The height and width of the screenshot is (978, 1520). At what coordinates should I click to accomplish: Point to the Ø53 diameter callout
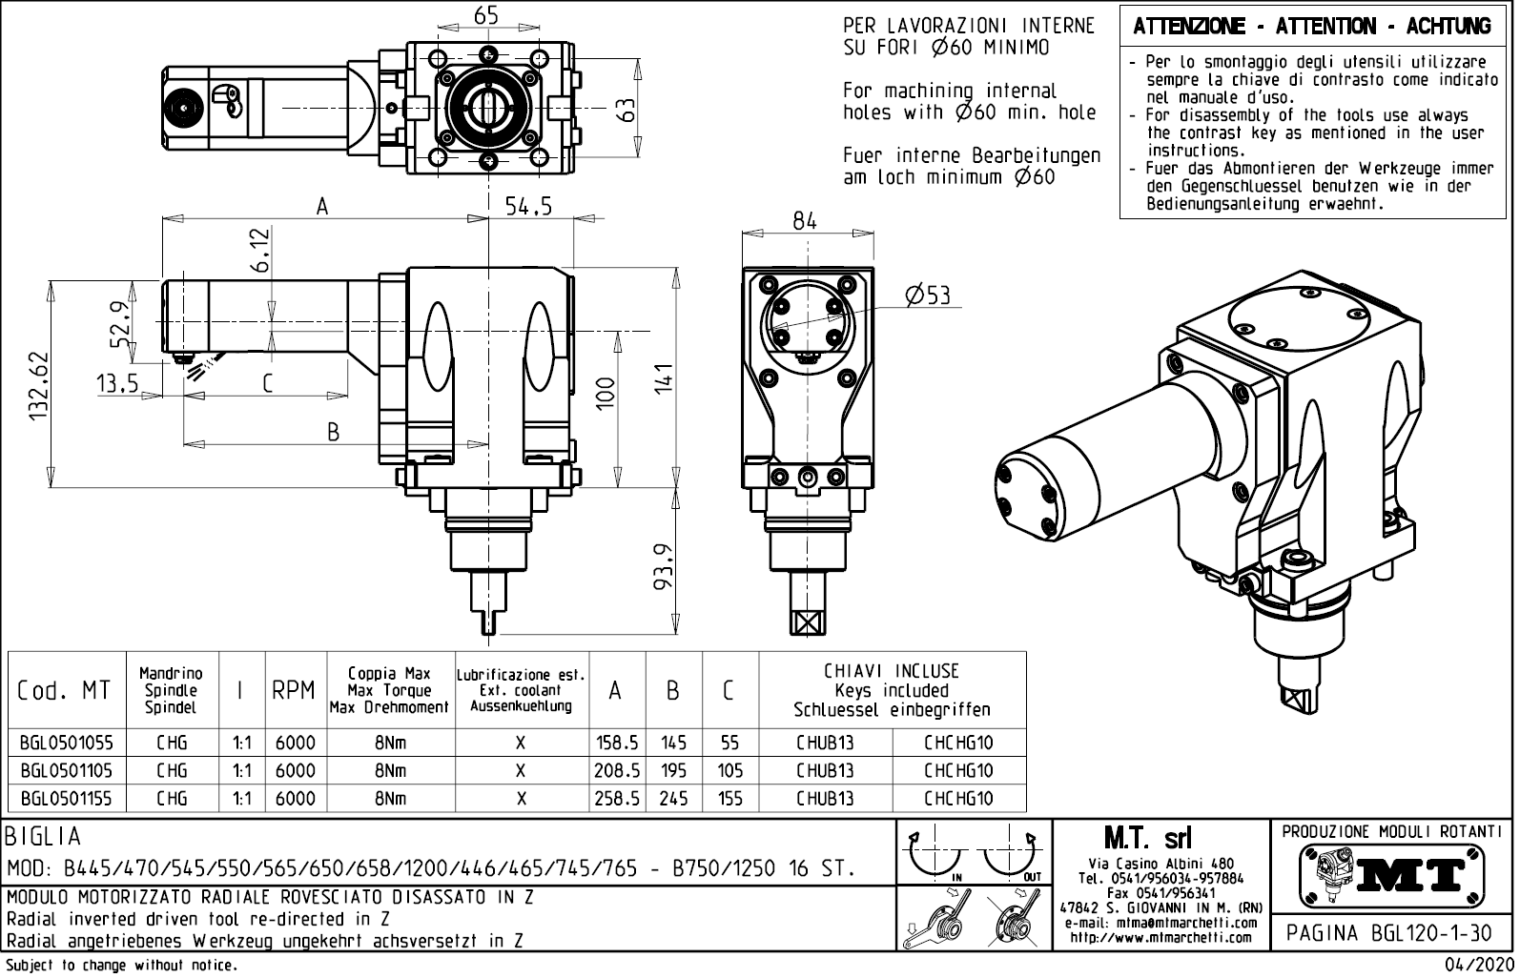click(x=928, y=295)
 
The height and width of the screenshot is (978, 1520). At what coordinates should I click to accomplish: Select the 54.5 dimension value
click(x=528, y=207)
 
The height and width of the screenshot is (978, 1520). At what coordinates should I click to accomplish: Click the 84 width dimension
click(x=805, y=220)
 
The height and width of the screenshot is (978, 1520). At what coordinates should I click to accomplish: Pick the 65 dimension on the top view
click(x=486, y=14)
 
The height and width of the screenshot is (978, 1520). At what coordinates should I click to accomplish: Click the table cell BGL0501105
click(x=65, y=770)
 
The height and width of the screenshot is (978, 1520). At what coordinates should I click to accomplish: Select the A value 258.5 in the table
click(x=616, y=799)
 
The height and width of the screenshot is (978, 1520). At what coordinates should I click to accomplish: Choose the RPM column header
click(x=294, y=691)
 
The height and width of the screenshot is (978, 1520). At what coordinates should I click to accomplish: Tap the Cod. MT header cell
click(x=64, y=691)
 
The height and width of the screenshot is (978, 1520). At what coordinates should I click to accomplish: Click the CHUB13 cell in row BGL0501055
click(x=825, y=743)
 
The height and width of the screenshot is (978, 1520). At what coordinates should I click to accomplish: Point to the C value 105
click(x=729, y=770)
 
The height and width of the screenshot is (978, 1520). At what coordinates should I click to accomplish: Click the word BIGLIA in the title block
click(x=44, y=837)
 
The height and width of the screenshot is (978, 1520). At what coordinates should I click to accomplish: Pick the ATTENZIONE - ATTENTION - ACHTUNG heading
click(x=1312, y=27)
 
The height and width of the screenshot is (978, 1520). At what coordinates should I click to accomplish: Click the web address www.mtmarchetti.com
click(x=1160, y=937)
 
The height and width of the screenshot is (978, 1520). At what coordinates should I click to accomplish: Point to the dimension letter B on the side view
click(x=333, y=432)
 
